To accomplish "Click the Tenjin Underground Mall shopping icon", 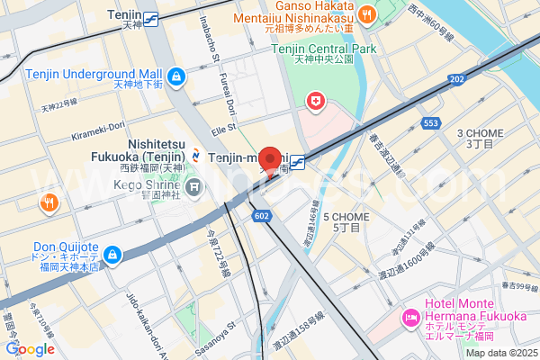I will pos(177,76).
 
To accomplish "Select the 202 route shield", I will pos(456,79).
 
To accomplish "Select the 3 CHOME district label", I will pos(481,138).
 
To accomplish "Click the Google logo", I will pos(30,348).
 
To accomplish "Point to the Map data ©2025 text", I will pos(499,352).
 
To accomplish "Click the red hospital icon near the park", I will pos(316,102).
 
